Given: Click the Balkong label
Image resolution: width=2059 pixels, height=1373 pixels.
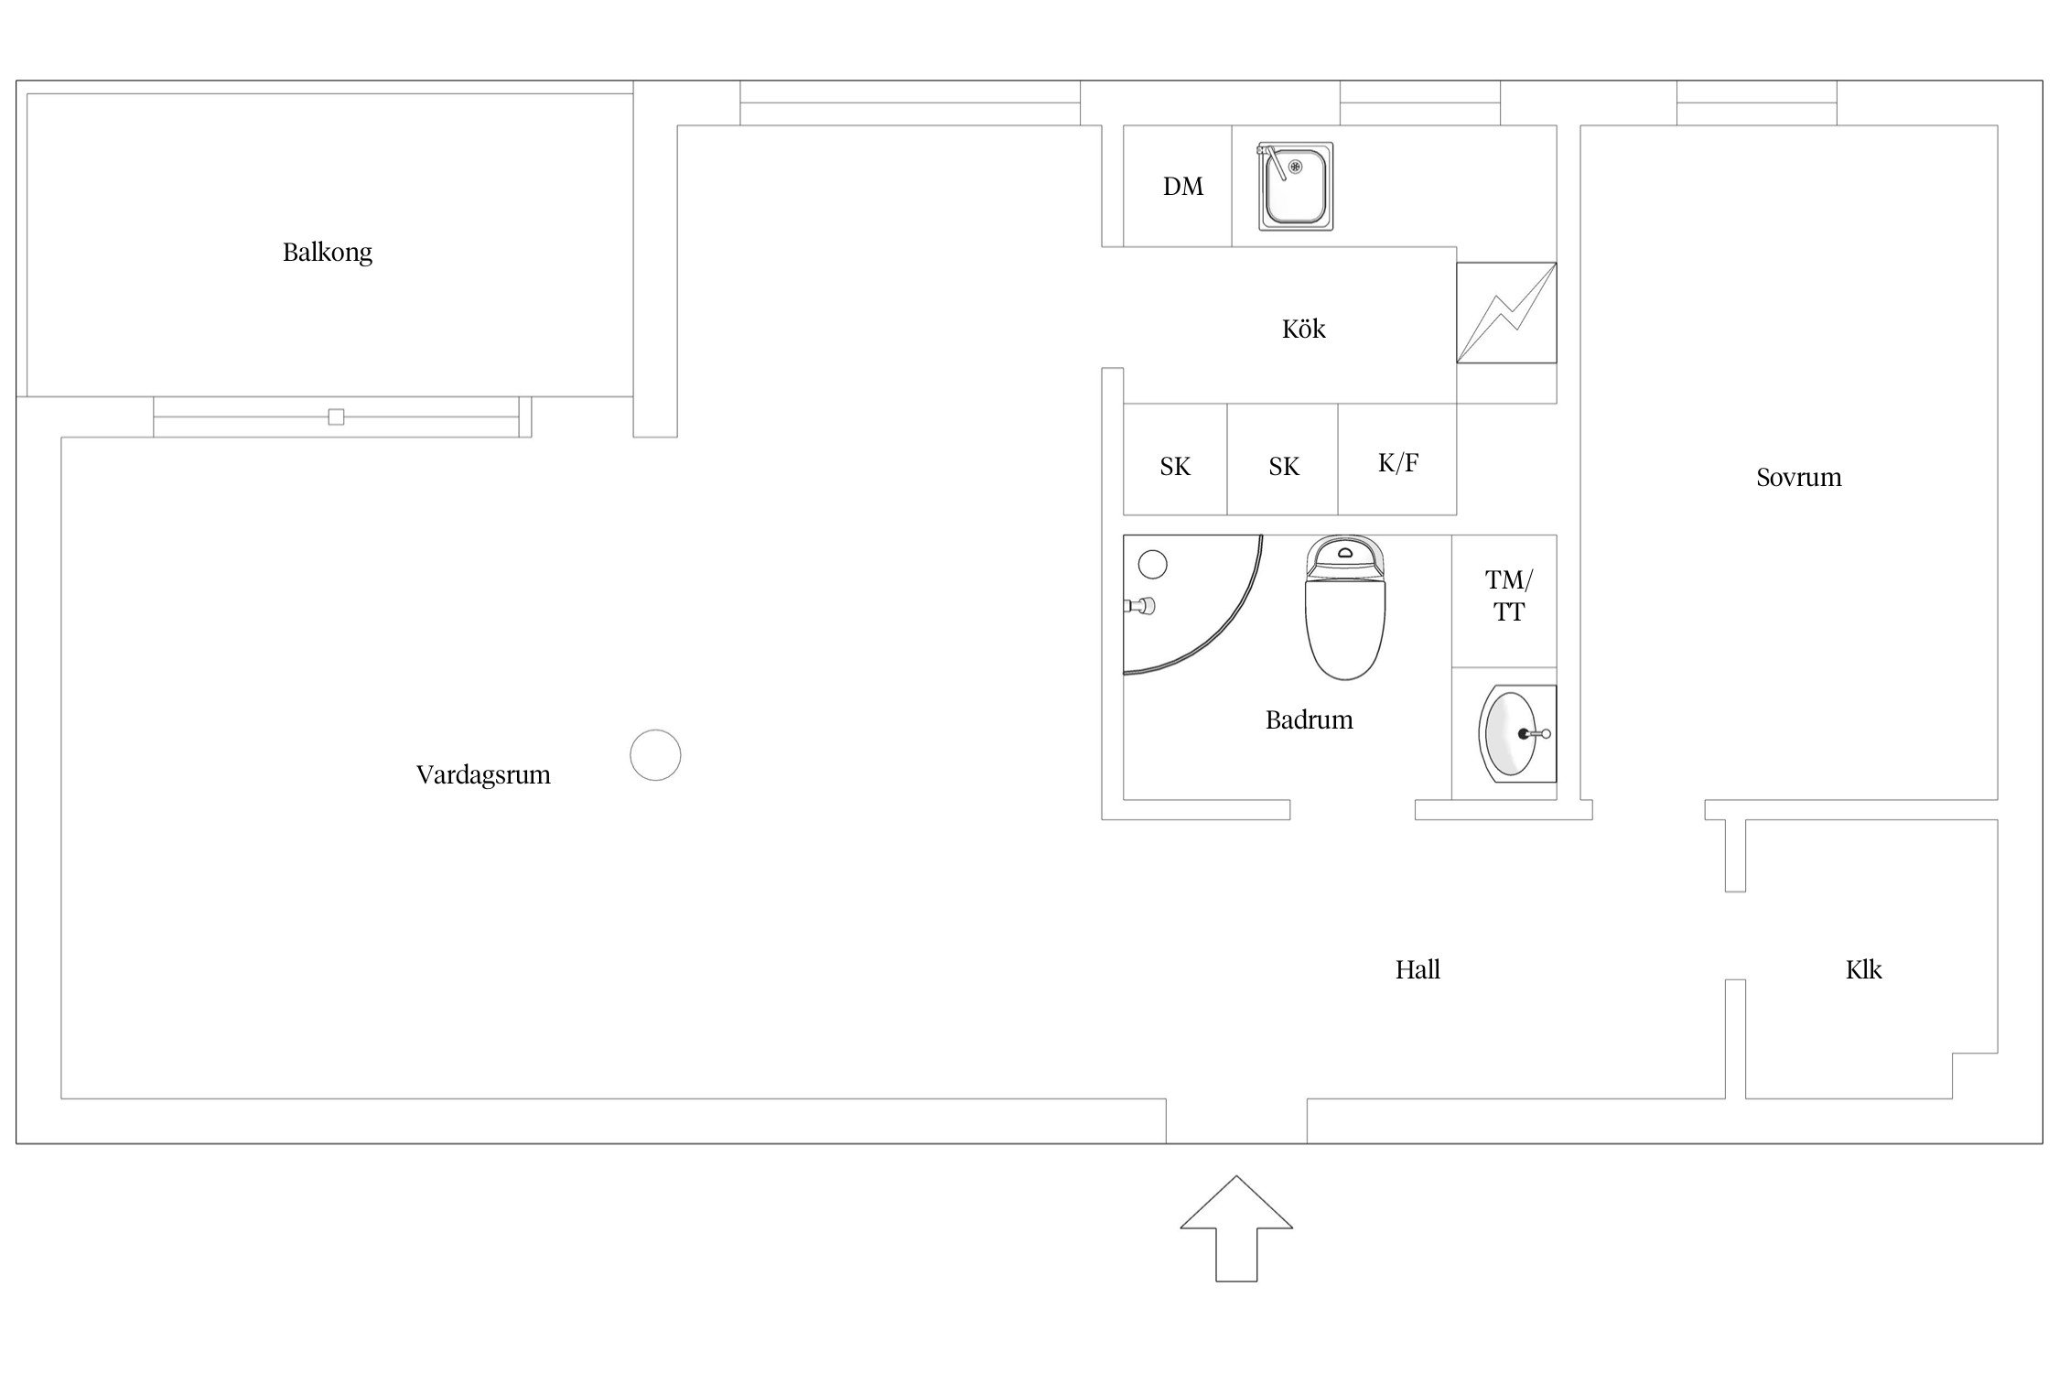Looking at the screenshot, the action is pyautogui.click(x=327, y=253).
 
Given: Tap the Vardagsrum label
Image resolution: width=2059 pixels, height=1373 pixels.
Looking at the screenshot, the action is pyautogui.click(x=483, y=775).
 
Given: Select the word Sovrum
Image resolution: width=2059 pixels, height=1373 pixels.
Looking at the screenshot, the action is pyautogui.click(x=1798, y=478).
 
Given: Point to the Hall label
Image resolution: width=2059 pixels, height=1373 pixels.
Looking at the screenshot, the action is pyautogui.click(x=1418, y=969).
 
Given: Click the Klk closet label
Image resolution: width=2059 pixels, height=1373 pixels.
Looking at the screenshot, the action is pyautogui.click(x=1863, y=969).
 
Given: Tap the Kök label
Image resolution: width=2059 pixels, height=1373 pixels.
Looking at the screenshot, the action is pyautogui.click(x=1303, y=329).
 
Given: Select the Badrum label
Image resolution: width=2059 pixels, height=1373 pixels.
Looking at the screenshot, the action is pyautogui.click(x=1309, y=720).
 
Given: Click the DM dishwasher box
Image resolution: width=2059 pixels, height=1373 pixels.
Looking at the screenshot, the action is pyautogui.click(x=1178, y=186).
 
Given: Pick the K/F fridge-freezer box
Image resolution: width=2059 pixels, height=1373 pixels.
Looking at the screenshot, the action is pyautogui.click(x=1397, y=459).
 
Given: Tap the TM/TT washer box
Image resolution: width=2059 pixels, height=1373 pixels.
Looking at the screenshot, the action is pyautogui.click(x=1504, y=600).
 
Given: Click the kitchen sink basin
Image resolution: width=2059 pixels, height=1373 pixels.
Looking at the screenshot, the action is pyautogui.click(x=1295, y=187).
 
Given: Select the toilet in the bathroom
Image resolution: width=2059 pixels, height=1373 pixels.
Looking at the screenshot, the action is pyautogui.click(x=1344, y=608).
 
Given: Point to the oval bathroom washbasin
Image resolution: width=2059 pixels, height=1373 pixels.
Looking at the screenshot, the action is pyautogui.click(x=1510, y=734).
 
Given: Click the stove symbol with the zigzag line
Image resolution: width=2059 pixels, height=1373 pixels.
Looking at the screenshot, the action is pyautogui.click(x=1506, y=313).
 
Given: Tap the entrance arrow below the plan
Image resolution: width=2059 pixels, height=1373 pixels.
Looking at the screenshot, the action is pyautogui.click(x=1236, y=1228).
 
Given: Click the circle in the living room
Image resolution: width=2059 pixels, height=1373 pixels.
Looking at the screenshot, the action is pyautogui.click(x=655, y=755).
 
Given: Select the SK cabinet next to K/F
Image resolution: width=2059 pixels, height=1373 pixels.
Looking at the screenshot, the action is pyautogui.click(x=1282, y=459).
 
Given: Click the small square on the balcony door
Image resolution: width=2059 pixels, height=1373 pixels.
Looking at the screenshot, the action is pyautogui.click(x=336, y=417).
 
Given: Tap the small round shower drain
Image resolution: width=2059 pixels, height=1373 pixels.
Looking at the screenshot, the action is pyautogui.click(x=1152, y=565).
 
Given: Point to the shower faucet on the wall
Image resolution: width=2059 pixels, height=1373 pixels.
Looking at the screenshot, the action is pyautogui.click(x=1140, y=605).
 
